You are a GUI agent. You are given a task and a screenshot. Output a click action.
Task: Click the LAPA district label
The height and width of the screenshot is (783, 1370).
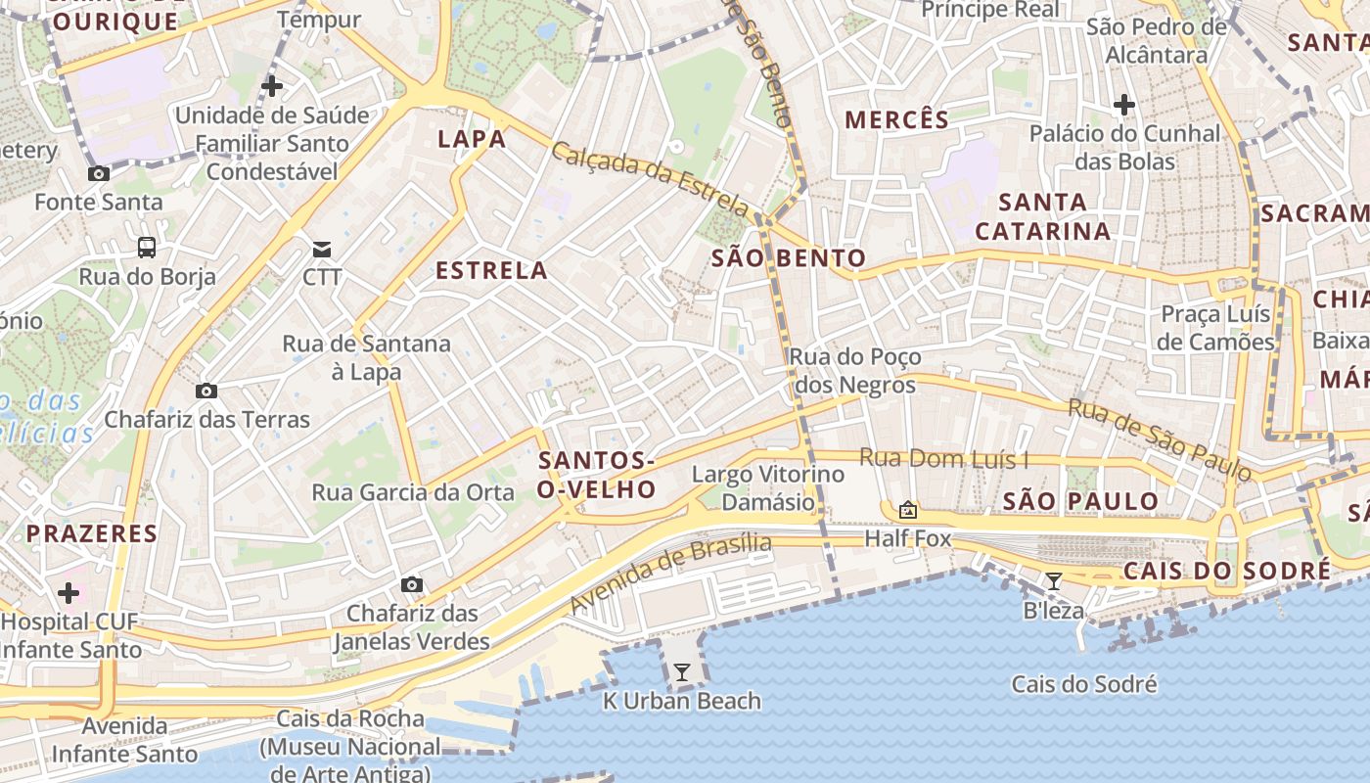[x=472, y=139]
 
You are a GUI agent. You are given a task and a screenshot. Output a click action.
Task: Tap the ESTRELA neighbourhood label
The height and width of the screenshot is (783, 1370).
[x=491, y=271]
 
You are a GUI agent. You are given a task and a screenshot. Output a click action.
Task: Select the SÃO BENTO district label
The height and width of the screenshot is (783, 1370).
[x=789, y=258]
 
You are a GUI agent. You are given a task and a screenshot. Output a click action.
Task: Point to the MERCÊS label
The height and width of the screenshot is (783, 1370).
[x=896, y=120]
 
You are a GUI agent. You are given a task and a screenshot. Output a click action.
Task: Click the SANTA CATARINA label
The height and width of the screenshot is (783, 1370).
[x=1043, y=217]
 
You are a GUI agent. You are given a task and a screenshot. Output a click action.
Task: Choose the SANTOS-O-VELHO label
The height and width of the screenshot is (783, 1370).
[x=597, y=475]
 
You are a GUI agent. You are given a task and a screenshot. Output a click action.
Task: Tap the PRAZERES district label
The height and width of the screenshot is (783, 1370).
[x=91, y=533]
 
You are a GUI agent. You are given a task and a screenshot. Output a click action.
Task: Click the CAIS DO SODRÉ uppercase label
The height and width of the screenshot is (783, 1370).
[x=1227, y=572]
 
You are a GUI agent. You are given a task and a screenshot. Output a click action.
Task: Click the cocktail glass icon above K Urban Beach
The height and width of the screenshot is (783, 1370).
[x=682, y=672]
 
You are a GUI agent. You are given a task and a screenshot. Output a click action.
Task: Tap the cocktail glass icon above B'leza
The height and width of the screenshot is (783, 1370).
[x=1054, y=581]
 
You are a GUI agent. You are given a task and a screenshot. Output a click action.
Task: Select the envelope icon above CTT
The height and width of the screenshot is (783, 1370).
[x=322, y=249]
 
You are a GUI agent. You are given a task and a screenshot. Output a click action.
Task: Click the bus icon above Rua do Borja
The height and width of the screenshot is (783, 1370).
[x=147, y=248]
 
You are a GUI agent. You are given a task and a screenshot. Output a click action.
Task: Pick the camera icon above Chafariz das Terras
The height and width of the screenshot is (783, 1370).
[x=206, y=391]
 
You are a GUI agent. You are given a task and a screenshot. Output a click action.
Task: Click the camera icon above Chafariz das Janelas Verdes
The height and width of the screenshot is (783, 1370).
[x=412, y=585]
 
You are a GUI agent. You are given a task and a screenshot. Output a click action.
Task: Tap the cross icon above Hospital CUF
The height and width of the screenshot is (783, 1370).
[x=68, y=592]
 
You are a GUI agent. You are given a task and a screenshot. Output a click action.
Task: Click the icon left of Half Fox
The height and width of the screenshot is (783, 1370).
[x=908, y=510]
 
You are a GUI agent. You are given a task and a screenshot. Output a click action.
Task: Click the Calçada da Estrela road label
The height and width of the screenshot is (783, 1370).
[x=650, y=178]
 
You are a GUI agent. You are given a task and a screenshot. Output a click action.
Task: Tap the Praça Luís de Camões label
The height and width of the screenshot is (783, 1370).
[x=1215, y=328]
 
